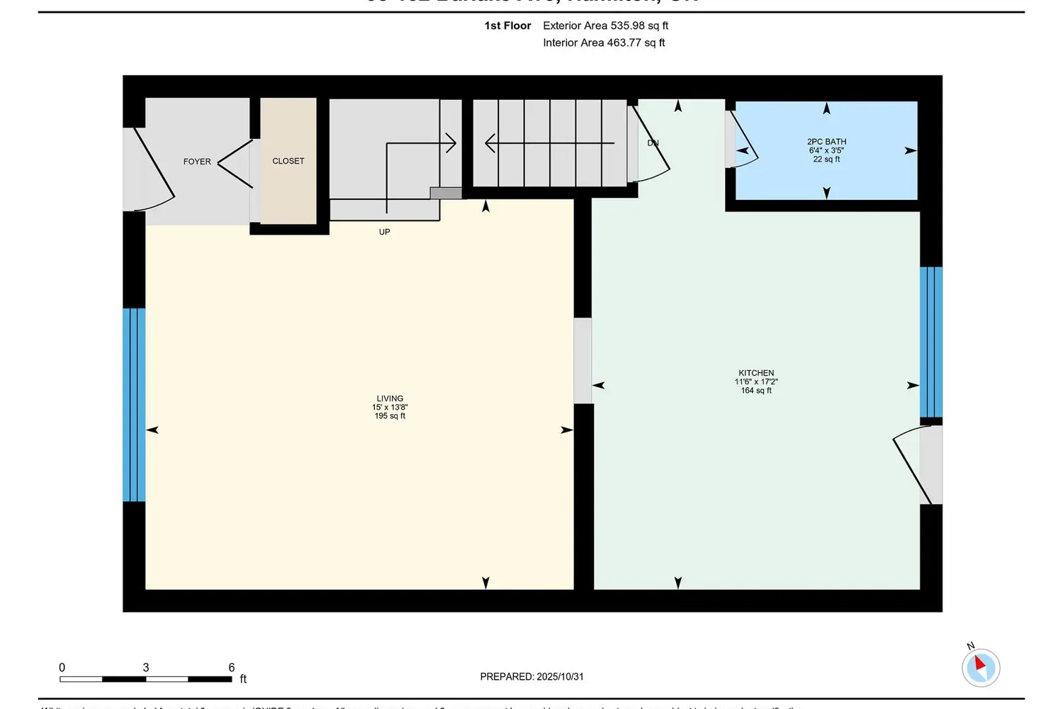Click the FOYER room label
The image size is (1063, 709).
[197, 162]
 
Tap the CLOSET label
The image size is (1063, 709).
[288, 161]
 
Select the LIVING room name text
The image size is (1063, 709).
[390, 398]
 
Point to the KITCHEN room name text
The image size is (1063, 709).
[756, 373]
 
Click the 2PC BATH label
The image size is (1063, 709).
[826, 142]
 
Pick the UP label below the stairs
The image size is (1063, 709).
[384, 232]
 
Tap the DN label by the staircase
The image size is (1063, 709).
[653, 143]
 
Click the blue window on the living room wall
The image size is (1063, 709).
[134, 405]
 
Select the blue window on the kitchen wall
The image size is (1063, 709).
[931, 342]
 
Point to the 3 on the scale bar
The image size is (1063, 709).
[146, 667]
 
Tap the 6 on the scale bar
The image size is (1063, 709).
[231, 667]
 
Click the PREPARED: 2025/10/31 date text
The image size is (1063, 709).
[531, 676]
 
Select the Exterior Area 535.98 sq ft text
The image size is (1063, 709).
[605, 26]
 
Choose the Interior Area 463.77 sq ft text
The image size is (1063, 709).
[604, 43]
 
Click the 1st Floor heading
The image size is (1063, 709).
[507, 26]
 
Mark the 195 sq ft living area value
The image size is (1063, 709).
[390, 416]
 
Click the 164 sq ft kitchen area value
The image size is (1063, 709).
[756, 391]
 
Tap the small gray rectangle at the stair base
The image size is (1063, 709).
[446, 193]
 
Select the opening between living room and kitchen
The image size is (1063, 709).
[583, 361]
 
